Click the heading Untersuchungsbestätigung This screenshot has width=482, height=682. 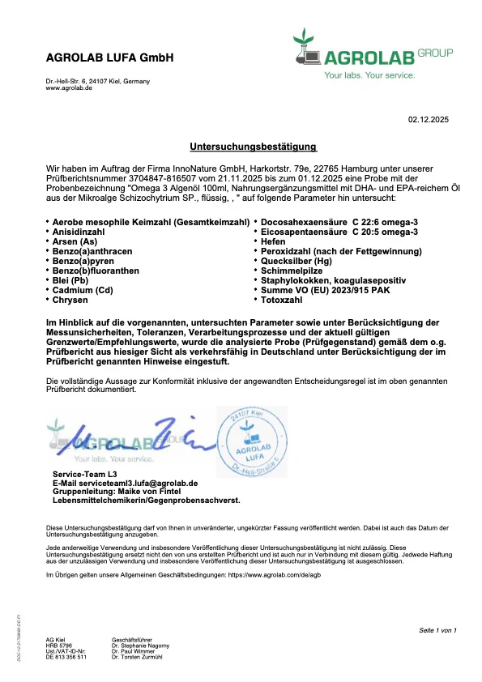click(253, 147)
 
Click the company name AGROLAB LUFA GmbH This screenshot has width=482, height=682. click(109, 58)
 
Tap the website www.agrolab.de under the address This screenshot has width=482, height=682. click(69, 87)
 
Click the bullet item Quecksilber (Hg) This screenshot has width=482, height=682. click(295, 261)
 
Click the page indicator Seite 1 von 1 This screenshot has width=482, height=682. click(438, 629)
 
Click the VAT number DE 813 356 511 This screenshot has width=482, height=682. click(66, 656)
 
